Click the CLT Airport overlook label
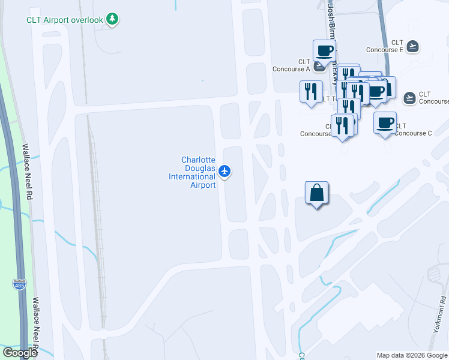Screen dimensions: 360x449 pos(65,19)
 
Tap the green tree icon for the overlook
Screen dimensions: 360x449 pos(112,19)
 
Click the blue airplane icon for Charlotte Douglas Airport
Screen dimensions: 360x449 pos(224,172)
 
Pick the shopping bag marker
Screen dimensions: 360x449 pos(317,193)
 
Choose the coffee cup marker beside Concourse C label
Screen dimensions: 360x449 pos(385,123)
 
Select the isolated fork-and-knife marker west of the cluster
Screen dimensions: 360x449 pos(310,92)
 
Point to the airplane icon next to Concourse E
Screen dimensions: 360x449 pos(412,46)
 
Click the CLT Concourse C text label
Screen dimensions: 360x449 pos(413,129)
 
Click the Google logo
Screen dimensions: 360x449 pos(19,352)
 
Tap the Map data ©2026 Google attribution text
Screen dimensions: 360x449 pos(412,355)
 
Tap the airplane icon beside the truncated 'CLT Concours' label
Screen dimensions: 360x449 pos(410,98)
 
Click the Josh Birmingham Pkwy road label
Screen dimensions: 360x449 pos(331,36)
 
